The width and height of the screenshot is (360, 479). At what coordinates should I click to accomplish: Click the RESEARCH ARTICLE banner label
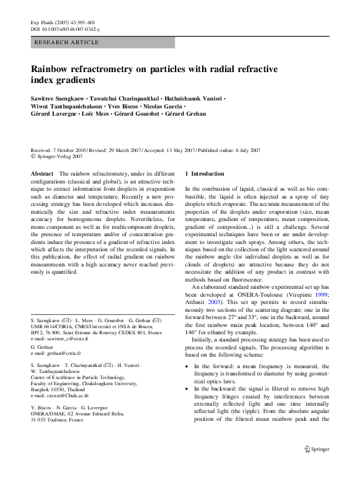(x=67, y=42)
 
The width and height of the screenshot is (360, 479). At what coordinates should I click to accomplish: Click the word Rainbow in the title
(x=53, y=69)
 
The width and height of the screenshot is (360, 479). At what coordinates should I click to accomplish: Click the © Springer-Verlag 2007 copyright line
(x=56, y=156)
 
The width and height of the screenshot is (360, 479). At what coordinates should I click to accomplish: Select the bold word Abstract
(x=42, y=174)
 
